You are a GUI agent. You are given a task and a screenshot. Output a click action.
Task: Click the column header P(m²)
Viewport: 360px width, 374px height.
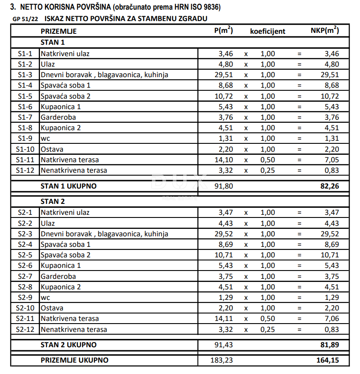coord(223,31)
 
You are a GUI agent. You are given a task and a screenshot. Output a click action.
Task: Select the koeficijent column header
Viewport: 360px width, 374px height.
coord(267,31)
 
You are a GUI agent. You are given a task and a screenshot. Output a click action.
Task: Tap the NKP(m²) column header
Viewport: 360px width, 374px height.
coord(324,31)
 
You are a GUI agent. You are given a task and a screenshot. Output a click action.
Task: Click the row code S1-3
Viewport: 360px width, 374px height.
coord(25,75)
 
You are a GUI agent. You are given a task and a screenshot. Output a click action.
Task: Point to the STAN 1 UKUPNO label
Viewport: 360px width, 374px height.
coord(68,186)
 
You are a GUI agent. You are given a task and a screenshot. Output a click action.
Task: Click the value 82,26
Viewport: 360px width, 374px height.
coord(330,186)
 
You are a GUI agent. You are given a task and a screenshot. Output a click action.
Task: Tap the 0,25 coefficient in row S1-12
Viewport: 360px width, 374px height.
coord(268,171)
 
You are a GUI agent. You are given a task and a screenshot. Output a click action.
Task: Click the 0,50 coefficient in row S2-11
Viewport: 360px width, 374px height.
coord(268,319)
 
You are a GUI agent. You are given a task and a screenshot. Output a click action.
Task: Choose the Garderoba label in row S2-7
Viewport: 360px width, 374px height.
coord(58,276)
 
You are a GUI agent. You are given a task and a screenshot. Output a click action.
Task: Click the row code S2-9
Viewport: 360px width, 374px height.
coord(25,298)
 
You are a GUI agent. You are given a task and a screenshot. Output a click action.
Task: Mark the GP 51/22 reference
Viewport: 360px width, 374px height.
coord(25,19)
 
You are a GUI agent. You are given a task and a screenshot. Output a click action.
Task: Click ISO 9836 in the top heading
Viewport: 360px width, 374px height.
coord(203,7)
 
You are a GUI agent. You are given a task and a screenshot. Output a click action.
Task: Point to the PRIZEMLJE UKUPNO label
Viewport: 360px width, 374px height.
coord(75,360)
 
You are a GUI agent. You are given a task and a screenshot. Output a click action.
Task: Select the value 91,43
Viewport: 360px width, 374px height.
coord(224,345)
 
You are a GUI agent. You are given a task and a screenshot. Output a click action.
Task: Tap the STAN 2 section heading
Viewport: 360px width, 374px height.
coord(53,202)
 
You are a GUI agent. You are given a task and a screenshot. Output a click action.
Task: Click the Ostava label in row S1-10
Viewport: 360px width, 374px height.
coord(52,149)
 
